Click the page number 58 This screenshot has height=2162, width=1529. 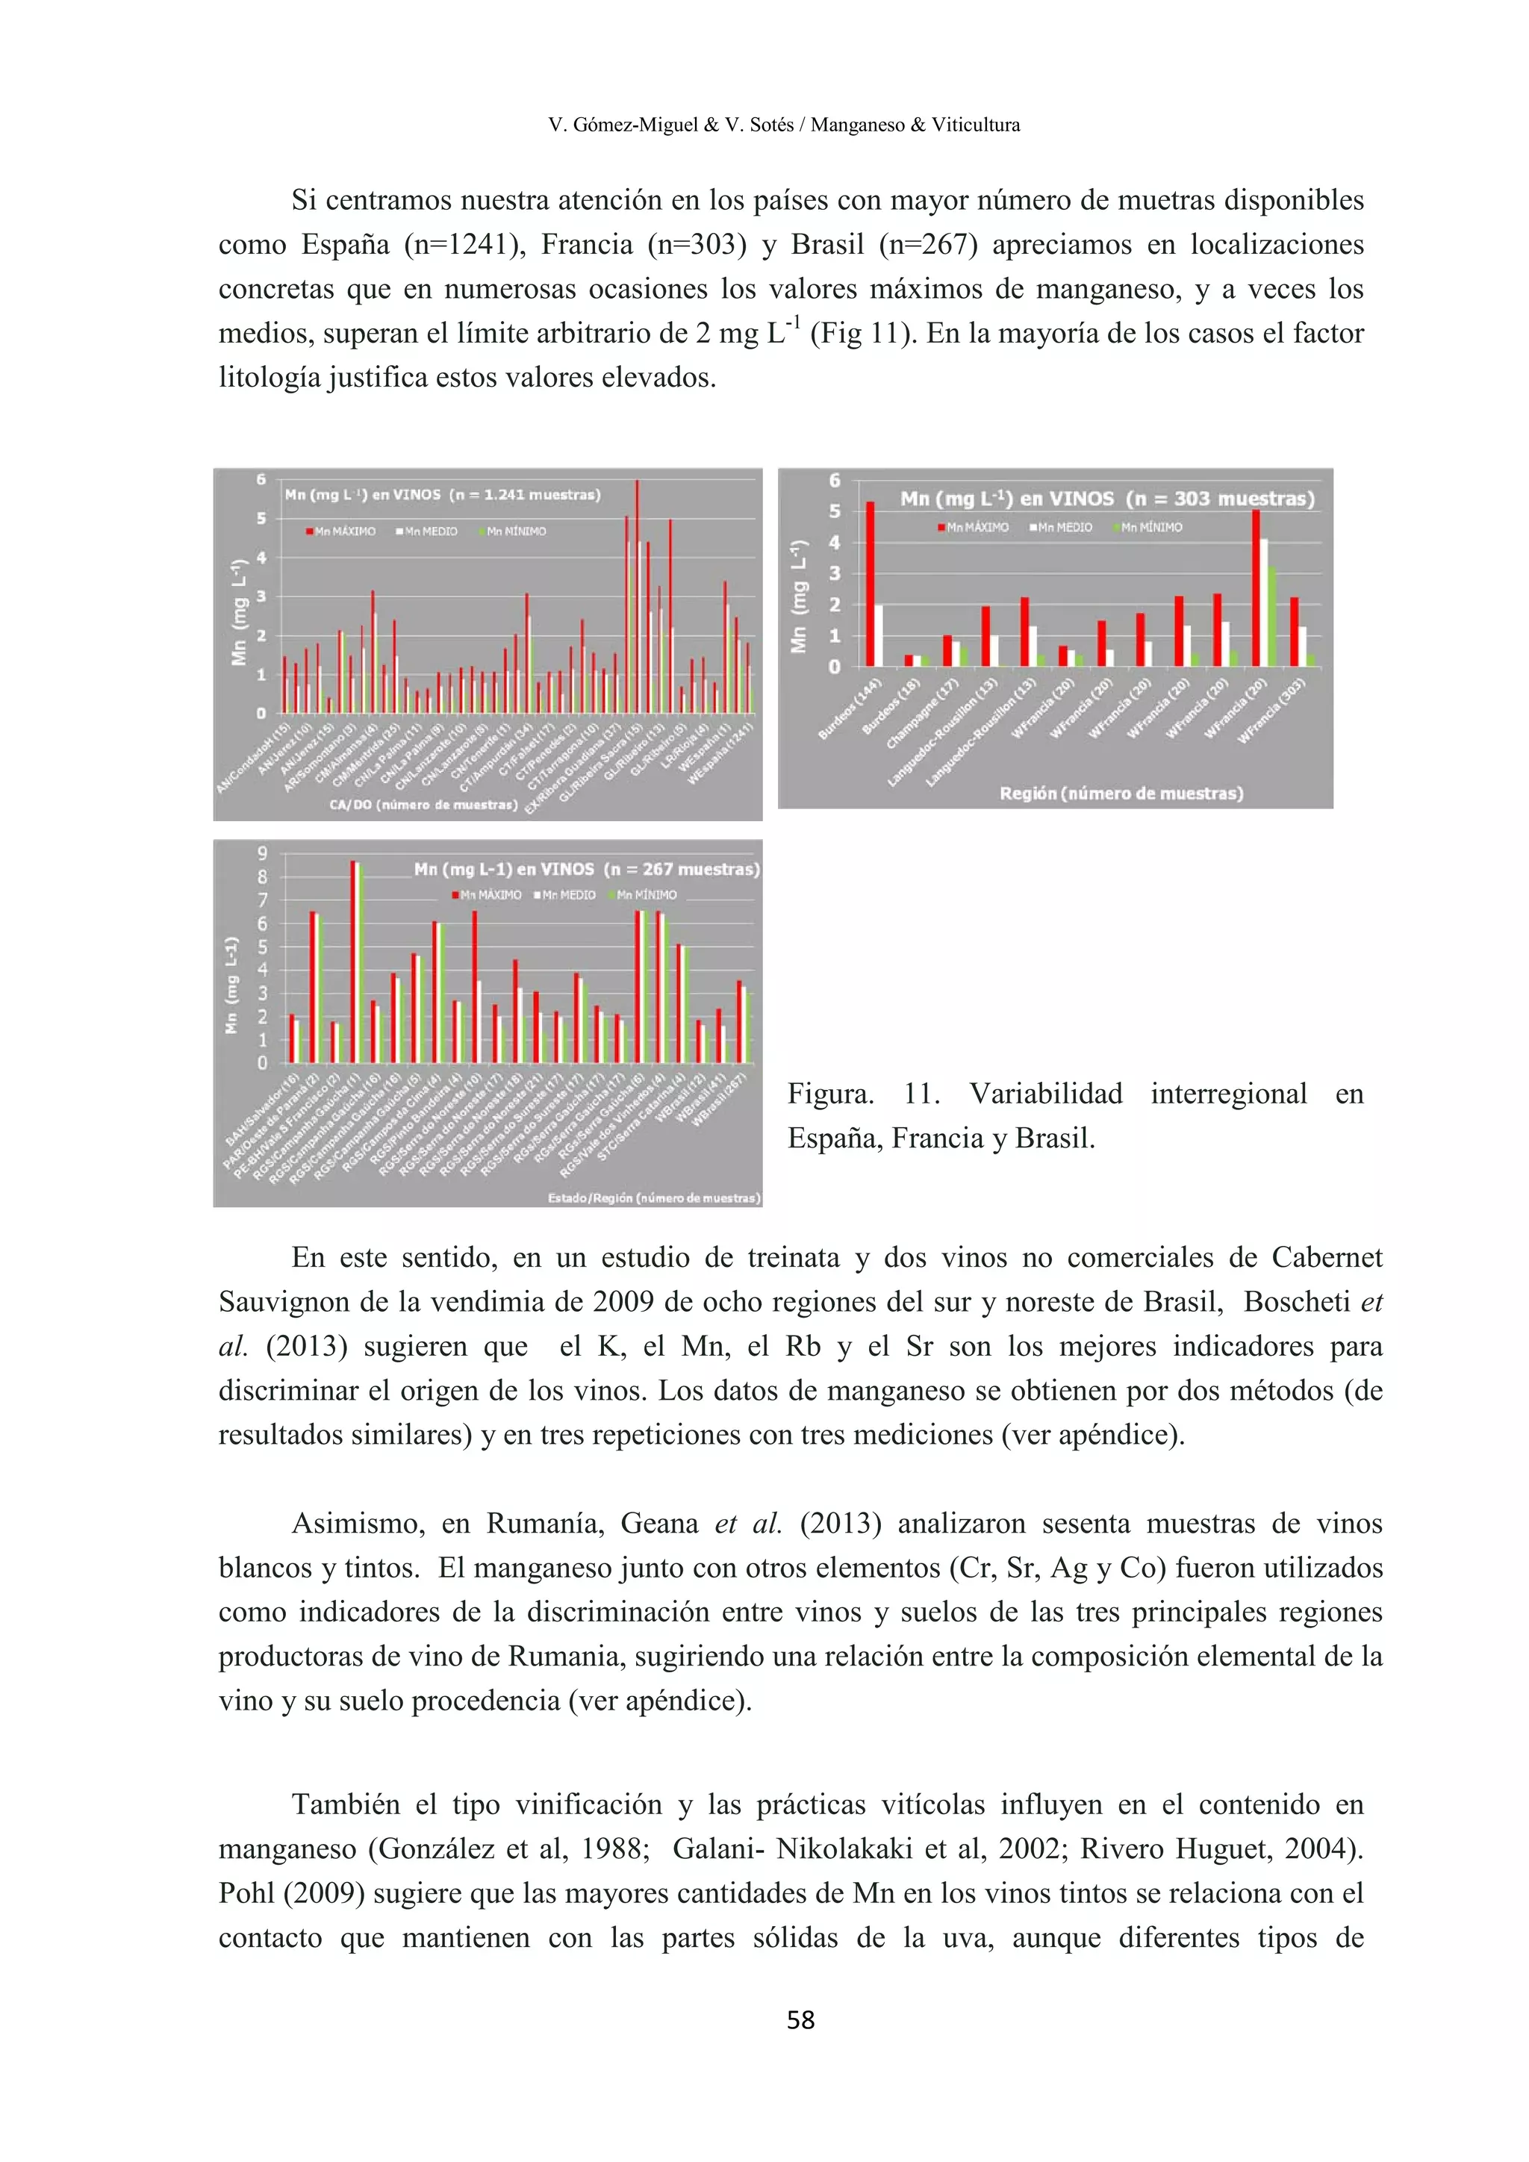point(800,2021)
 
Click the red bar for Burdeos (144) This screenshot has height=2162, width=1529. point(870,584)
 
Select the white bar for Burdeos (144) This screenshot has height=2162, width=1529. point(879,635)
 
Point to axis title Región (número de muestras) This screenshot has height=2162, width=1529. point(1121,793)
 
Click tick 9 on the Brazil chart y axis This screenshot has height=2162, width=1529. point(262,853)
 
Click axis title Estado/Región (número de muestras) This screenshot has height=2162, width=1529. point(653,1197)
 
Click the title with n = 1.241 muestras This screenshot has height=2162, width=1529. point(443,494)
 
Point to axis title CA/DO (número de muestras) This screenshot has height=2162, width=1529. point(423,805)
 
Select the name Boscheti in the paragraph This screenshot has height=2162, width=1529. point(1297,1302)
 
